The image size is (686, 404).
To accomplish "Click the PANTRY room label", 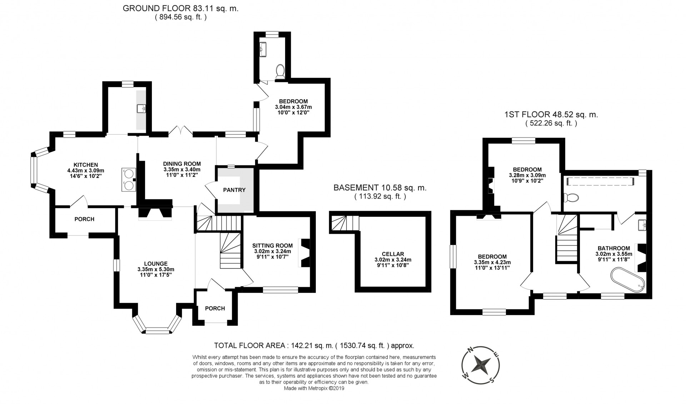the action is pos(234,190).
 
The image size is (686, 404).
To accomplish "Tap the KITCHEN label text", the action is pos(86,165).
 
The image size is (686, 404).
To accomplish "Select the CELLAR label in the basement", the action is pos(393,254).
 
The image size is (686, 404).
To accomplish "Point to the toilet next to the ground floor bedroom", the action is pos(280,71).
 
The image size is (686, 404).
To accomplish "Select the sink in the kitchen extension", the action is pos(141,108).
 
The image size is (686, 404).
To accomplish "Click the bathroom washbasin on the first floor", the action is pos(644,225).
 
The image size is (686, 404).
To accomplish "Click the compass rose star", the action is pos(481,365).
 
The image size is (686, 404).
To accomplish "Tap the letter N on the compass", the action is pos(471,349).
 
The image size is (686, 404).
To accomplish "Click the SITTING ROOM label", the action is pos(272,245).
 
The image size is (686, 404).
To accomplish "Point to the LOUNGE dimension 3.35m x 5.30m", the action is pos(156,269).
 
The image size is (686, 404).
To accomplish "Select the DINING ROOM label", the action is pos(182,164).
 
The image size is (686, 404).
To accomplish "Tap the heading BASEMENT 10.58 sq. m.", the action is pos(380,188).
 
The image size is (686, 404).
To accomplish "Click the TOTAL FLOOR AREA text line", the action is pos(314,345).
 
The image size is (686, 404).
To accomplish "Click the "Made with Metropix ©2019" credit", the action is pos(314,388).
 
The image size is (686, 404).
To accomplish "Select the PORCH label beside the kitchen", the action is pos(84,219).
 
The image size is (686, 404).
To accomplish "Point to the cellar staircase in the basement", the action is pos(345,223).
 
